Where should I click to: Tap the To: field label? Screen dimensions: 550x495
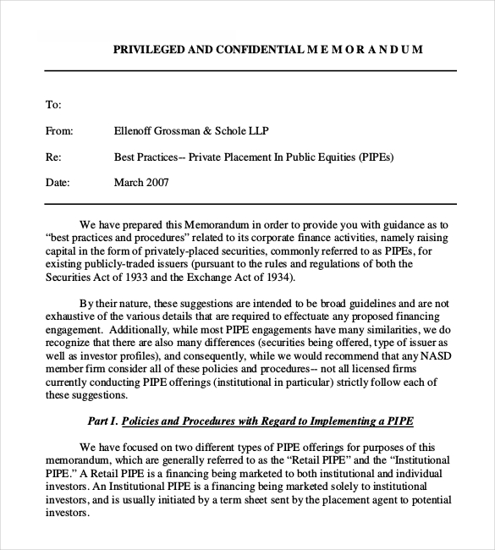coord(52,105)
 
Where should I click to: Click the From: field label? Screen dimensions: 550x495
coord(58,131)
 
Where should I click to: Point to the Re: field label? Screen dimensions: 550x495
coord(52,157)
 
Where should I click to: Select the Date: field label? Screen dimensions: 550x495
coord(57,182)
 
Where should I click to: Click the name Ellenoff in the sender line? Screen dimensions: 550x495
coord(135,131)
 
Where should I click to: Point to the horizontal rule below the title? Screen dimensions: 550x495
coord(250,70)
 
